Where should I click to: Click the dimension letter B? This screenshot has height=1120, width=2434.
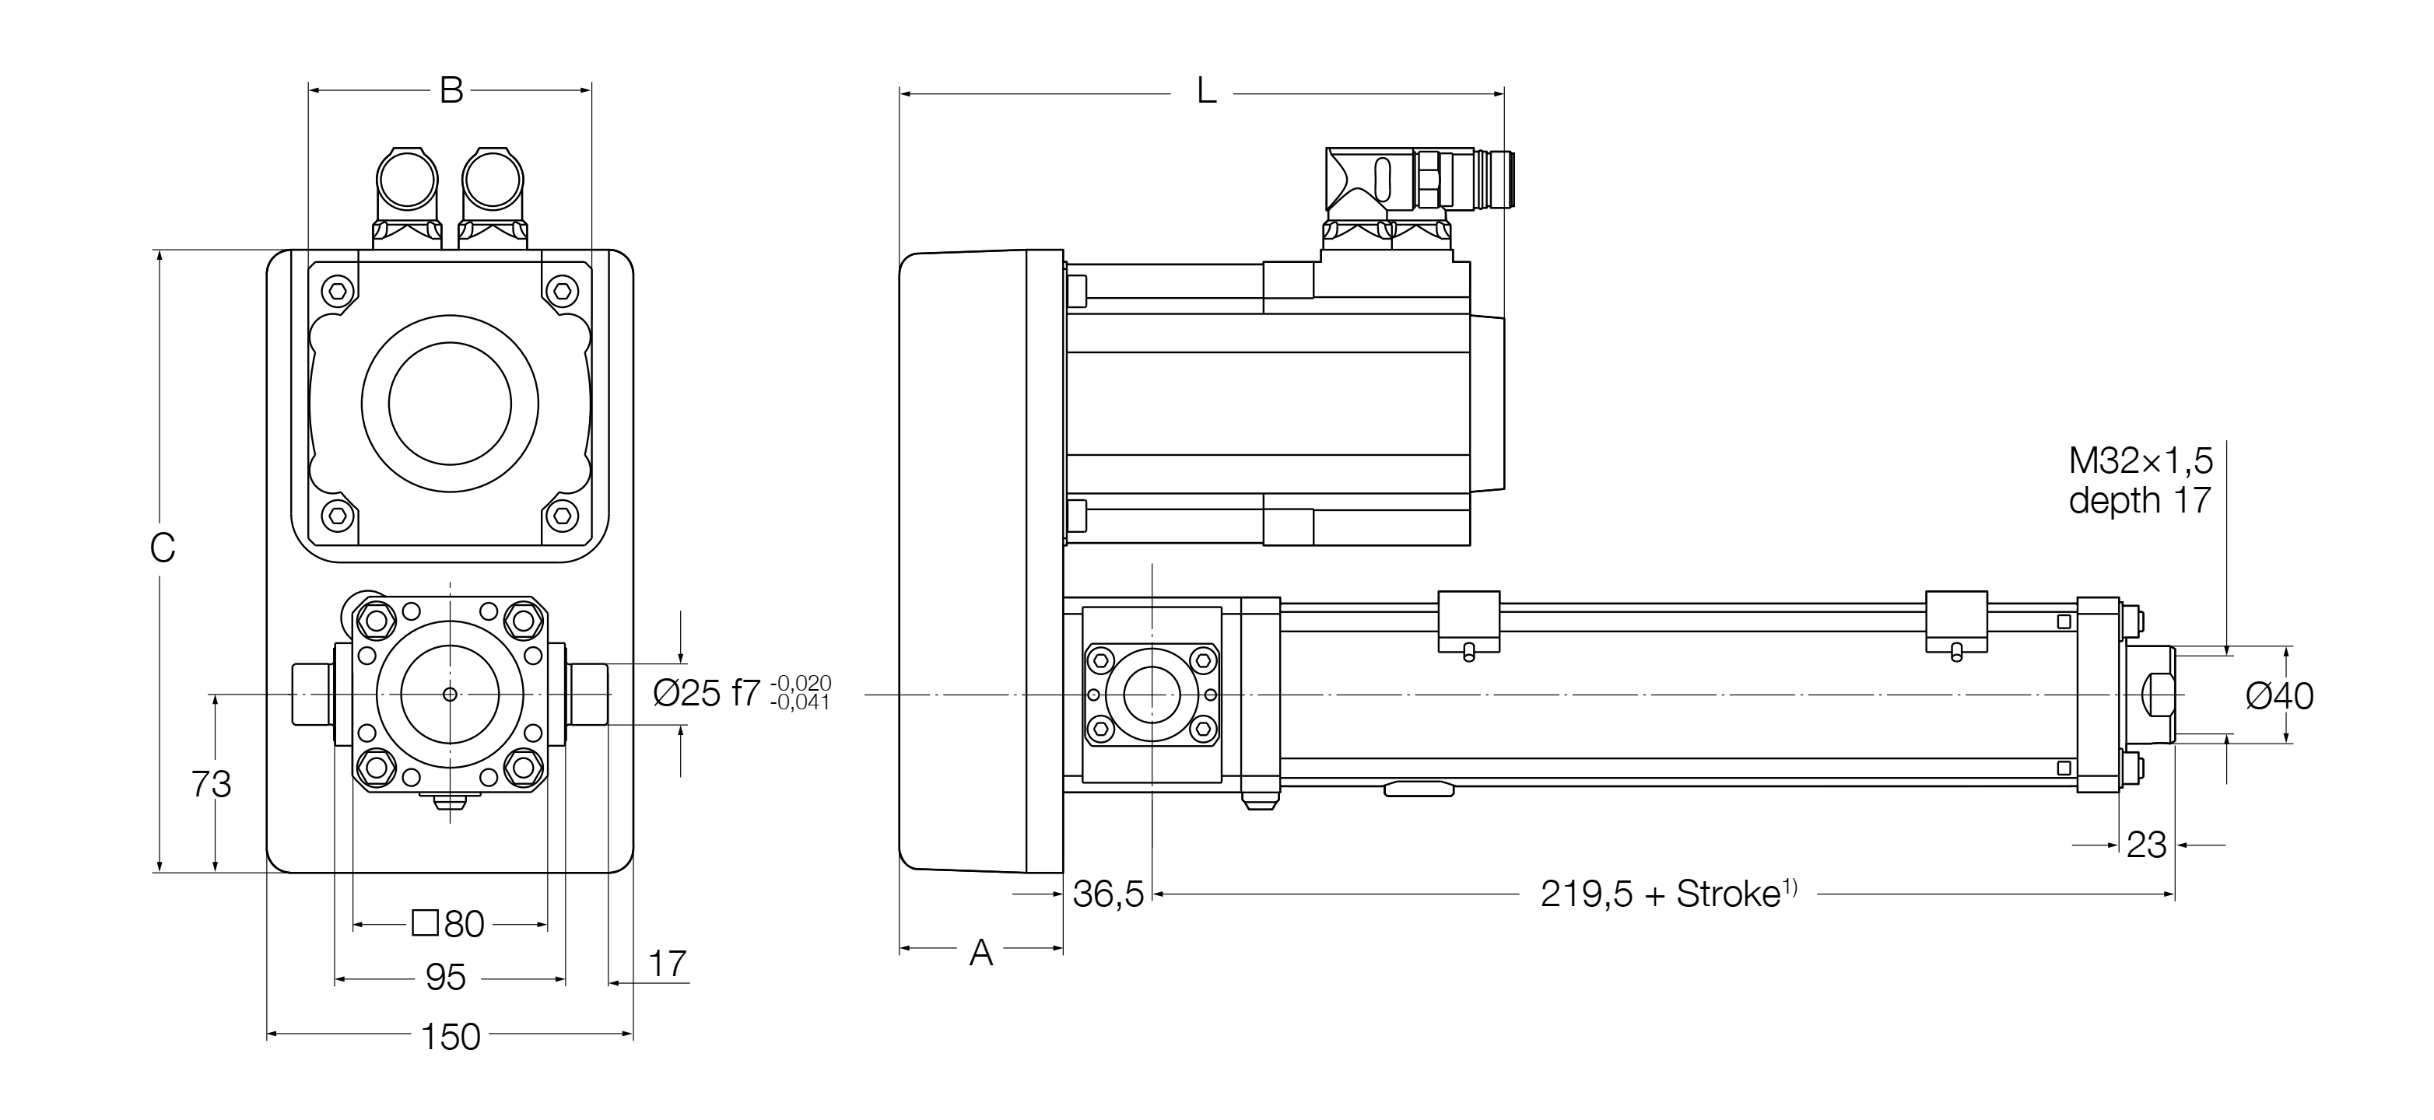[x=451, y=91]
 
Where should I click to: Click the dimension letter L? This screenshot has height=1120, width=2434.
[x=1205, y=92]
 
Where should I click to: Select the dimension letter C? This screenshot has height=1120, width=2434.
[x=163, y=548]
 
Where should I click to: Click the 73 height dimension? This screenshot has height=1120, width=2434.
[x=211, y=784]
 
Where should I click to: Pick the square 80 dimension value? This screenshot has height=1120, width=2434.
[x=450, y=923]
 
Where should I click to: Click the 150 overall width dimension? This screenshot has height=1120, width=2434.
[x=451, y=1037]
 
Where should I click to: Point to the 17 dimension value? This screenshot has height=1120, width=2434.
[x=667, y=964]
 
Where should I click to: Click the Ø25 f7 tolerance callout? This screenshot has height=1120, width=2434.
[x=742, y=693]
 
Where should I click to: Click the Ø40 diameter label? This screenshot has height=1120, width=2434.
[x=2279, y=697]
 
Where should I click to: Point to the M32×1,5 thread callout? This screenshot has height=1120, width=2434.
[x=2140, y=461]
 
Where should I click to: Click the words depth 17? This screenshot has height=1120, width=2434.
[x=2140, y=499]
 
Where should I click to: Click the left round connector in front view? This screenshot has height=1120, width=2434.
[x=407, y=180]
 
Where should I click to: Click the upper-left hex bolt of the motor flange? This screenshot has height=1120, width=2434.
[x=338, y=291]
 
